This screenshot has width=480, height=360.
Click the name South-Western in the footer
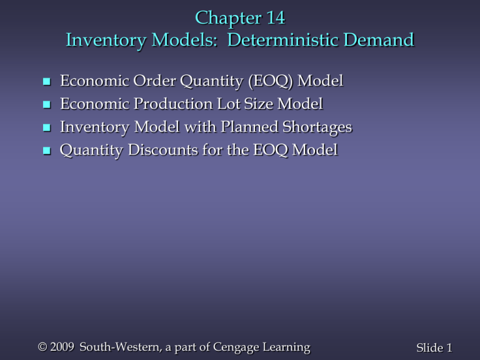click(x=103, y=347)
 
